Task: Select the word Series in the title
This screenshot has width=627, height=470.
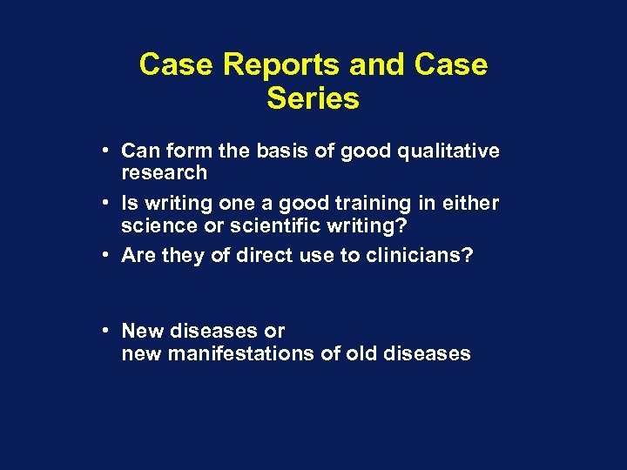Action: click(x=313, y=99)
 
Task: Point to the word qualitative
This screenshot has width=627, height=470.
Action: click(x=454, y=151)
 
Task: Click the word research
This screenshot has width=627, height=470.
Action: click(x=165, y=172)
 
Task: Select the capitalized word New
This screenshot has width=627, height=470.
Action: click(x=139, y=332)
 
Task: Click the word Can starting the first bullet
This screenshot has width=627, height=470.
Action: click(x=138, y=151)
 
